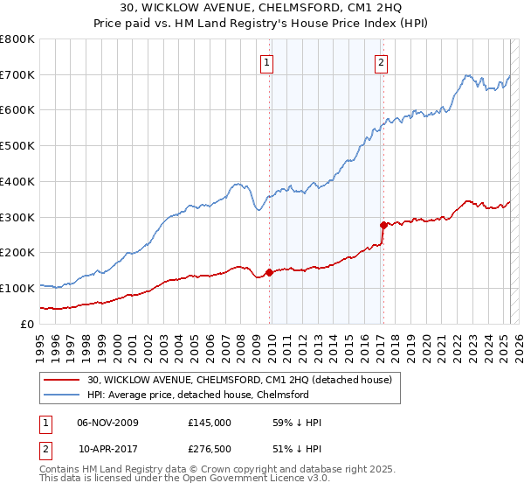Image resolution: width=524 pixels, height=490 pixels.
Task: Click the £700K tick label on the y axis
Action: point(17,75)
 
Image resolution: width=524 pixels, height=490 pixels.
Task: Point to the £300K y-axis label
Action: point(17,217)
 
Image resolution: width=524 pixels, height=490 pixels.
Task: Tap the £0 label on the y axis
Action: point(27,324)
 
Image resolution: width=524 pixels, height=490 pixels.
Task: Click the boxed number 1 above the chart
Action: point(266,62)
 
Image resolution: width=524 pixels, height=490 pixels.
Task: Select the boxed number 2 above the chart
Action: point(383,62)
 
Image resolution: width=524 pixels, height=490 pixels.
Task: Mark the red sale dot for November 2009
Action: point(269,272)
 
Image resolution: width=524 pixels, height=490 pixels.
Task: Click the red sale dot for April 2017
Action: point(383,225)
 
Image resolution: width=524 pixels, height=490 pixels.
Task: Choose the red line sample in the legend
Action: point(61,380)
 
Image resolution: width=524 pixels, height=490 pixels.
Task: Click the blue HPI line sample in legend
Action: point(61,395)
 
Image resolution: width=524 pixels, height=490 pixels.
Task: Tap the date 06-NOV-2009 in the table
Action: point(107,423)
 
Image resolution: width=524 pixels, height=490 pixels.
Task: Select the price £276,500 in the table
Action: point(210,448)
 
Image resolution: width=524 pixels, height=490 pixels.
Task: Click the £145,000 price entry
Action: point(210,423)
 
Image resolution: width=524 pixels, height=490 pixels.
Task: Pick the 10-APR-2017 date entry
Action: point(107,448)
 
